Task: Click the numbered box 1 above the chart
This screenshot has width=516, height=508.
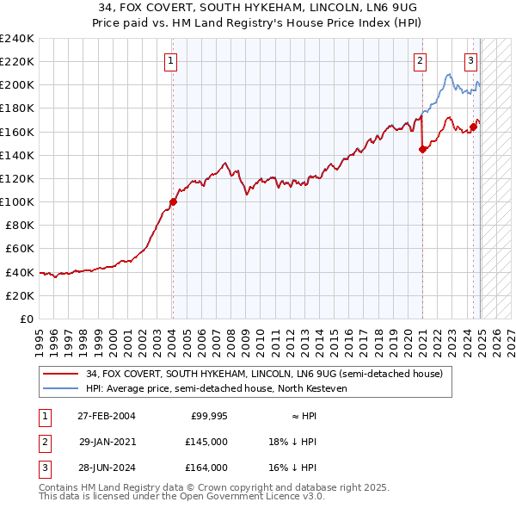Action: pos(172,60)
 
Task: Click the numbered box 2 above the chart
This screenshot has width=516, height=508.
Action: pos(420,60)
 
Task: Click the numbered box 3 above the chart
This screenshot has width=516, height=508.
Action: pos(471,60)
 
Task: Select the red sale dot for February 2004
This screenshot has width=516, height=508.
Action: pos(173,201)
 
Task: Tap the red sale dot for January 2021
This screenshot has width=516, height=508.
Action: pos(422,149)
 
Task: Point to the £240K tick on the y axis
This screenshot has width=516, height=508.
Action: pos(17,39)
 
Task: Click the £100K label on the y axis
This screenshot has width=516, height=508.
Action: pos(17,201)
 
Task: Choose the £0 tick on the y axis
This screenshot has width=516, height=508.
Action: pos(27,319)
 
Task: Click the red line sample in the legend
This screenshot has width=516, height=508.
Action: pos(60,374)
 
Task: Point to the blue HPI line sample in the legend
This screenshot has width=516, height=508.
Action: pos(60,389)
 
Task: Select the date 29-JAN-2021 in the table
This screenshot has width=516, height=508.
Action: pos(107,441)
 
